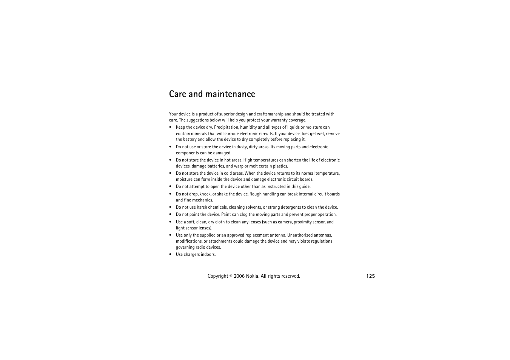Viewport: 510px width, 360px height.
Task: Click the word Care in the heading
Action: tap(177, 94)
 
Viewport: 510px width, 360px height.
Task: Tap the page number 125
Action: tap(370, 276)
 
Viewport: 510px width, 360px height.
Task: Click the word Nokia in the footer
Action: tap(252, 276)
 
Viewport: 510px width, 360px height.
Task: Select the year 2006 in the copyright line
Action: tap(239, 276)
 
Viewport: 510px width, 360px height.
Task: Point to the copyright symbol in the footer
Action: tap(231, 275)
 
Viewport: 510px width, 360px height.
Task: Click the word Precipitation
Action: tap(226, 128)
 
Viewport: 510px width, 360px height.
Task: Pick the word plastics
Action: tap(280, 166)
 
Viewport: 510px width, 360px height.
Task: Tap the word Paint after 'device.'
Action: tap(226, 215)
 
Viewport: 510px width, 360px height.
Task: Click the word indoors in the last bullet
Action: tap(208, 255)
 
